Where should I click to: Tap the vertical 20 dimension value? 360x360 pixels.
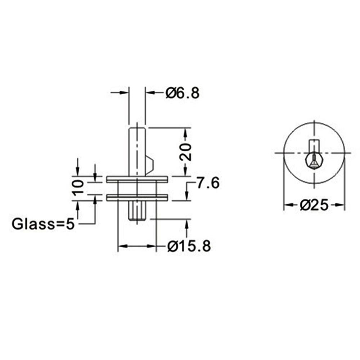tap(186, 151)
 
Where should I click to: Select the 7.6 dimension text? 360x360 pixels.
tap(207, 184)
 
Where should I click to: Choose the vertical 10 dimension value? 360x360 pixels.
tap(78, 186)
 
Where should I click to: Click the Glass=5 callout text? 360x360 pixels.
tap(43, 224)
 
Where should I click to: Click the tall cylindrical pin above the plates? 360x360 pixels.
tap(137, 149)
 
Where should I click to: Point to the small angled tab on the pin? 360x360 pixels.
tap(149, 164)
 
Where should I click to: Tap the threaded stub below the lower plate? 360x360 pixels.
tap(137, 210)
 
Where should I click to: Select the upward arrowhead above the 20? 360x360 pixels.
tap(186, 133)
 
